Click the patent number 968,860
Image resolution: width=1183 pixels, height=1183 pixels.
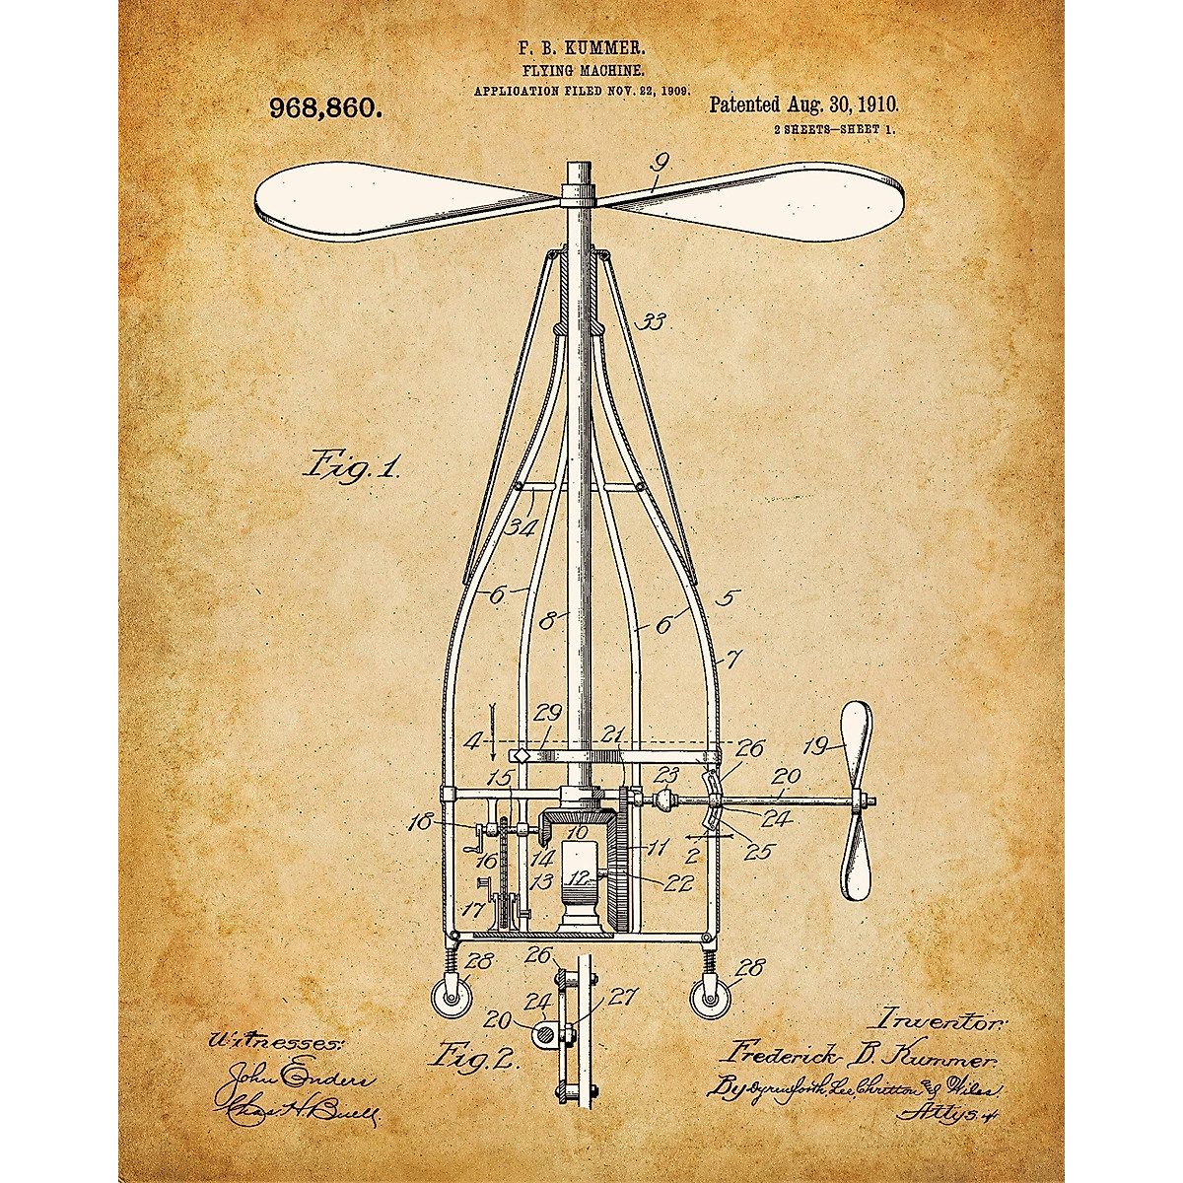coord(325,108)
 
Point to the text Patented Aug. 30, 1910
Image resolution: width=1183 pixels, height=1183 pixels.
coord(803,104)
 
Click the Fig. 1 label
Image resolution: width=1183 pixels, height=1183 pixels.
coord(351,463)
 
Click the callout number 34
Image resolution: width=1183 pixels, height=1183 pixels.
coord(522,527)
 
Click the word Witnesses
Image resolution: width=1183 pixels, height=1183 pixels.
coord(274,1040)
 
